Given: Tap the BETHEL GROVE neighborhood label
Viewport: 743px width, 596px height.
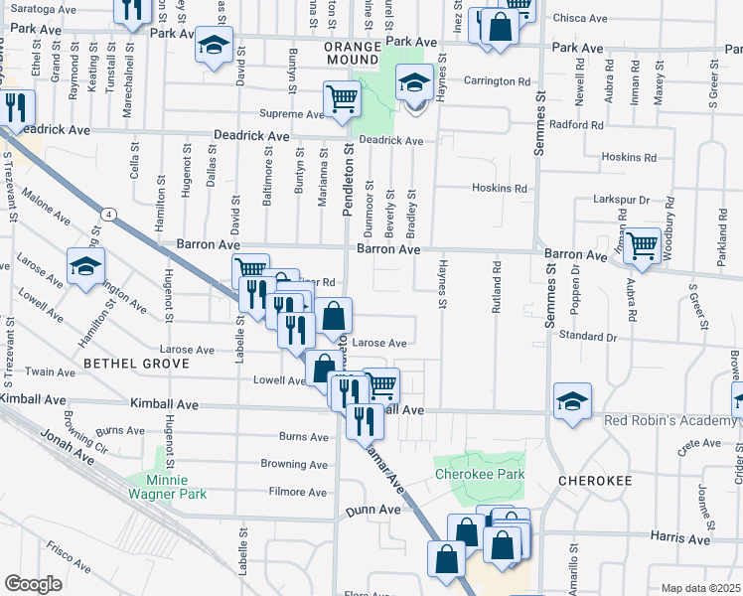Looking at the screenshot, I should (136, 365).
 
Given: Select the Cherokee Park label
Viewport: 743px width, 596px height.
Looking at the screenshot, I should (480, 475).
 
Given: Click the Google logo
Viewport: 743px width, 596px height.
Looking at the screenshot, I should (33, 584).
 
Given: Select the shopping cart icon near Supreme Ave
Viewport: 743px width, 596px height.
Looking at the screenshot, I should (341, 99).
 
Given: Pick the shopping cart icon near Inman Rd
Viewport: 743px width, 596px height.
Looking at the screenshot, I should (643, 243).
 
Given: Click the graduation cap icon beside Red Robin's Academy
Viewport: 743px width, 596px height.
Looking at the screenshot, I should (572, 401).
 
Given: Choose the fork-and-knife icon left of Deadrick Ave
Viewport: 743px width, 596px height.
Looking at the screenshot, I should (15, 106).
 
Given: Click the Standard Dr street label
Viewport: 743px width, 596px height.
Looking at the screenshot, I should (588, 336).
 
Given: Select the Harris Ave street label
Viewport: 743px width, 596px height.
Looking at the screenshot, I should (679, 538).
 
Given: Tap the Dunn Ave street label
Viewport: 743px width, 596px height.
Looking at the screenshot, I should (372, 510).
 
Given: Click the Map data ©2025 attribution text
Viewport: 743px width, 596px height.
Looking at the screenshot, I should (701, 588).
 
